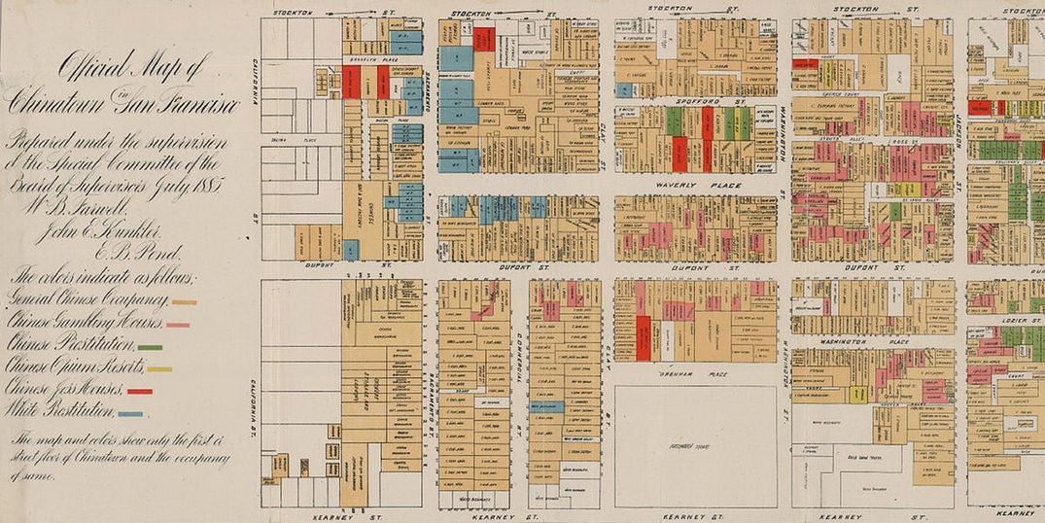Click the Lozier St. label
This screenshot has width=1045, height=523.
coord(1015,319)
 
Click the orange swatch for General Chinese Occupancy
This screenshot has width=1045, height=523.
coord(184,302)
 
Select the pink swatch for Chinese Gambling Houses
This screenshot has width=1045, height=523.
coord(177,324)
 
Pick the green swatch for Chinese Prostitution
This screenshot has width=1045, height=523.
coord(150,347)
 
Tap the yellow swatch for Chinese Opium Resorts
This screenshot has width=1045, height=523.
coord(159,369)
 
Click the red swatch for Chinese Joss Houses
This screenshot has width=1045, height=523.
coord(140,391)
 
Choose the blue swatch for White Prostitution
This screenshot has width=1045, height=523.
coord(130,414)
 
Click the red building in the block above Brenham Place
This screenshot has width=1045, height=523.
coord(643,337)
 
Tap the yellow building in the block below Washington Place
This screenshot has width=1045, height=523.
coord(857,394)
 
